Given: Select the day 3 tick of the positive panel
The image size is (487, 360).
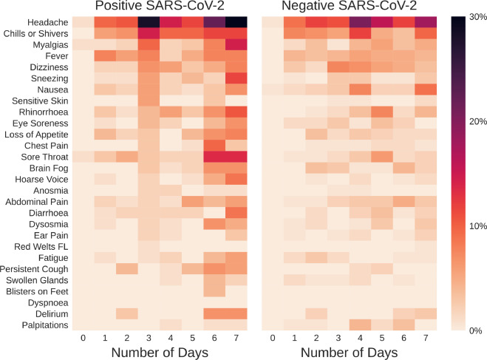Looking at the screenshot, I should pos(148,338).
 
